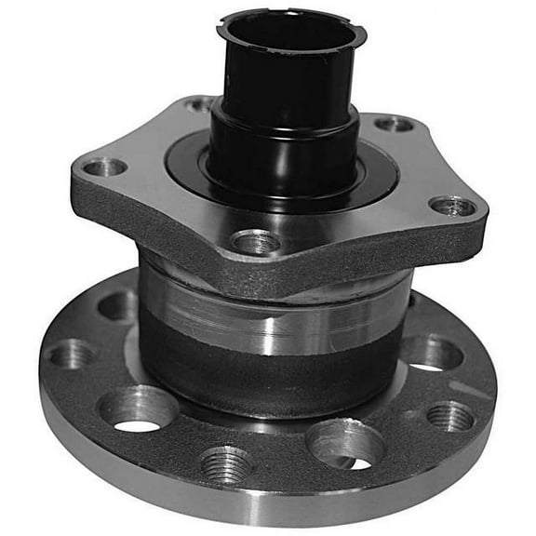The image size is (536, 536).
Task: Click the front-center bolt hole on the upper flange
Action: tap(257, 242)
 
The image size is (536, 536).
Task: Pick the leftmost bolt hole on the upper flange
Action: tap(103, 167)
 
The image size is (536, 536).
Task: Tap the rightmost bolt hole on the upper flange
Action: tap(453, 206)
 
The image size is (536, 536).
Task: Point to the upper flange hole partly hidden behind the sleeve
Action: tap(199, 104)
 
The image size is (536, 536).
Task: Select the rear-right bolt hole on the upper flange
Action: tap(394, 124)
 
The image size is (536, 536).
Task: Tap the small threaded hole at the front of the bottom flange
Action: tap(226, 462)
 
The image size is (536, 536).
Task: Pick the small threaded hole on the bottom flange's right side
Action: tap(449, 416)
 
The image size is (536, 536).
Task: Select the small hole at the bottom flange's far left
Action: tap(71, 354)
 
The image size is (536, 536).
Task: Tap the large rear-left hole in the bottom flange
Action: tap(118, 304)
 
